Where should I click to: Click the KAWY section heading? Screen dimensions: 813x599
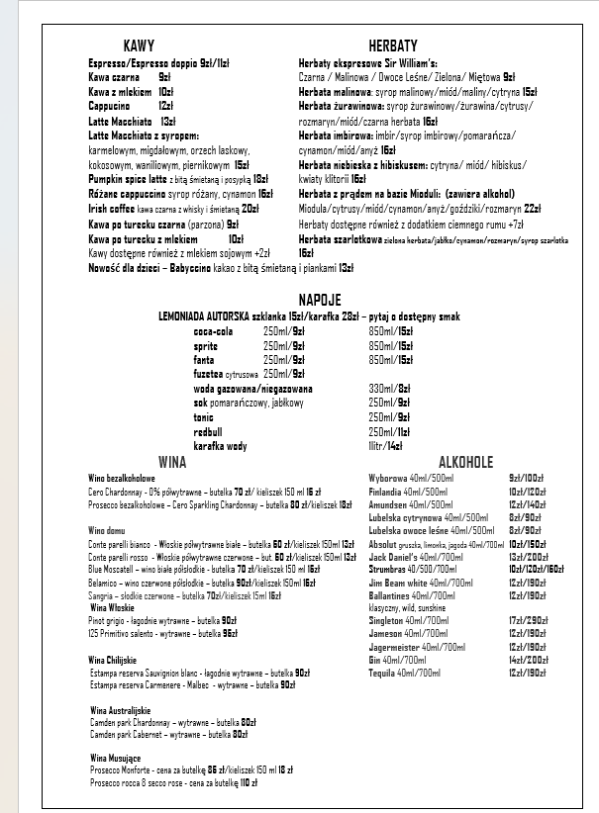tap(139, 46)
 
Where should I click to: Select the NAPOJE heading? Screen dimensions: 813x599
tap(320, 300)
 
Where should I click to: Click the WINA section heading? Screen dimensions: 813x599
tap(172, 462)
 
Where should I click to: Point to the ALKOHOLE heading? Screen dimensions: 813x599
tap(465, 462)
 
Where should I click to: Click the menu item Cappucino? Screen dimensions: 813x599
tap(109, 105)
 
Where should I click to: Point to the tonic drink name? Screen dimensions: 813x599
tap(203, 417)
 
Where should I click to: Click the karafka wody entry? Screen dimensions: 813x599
tap(220, 446)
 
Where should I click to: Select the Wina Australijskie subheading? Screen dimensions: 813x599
tap(120, 710)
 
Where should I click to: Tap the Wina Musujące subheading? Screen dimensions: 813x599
tap(116, 757)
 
